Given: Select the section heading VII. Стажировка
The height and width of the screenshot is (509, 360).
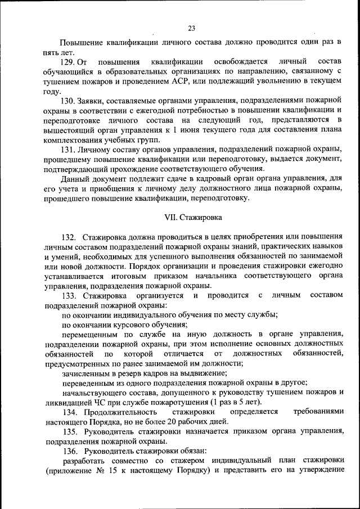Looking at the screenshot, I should [x=191, y=216].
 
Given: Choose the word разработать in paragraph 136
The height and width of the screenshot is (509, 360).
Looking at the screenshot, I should [x=85, y=461].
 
